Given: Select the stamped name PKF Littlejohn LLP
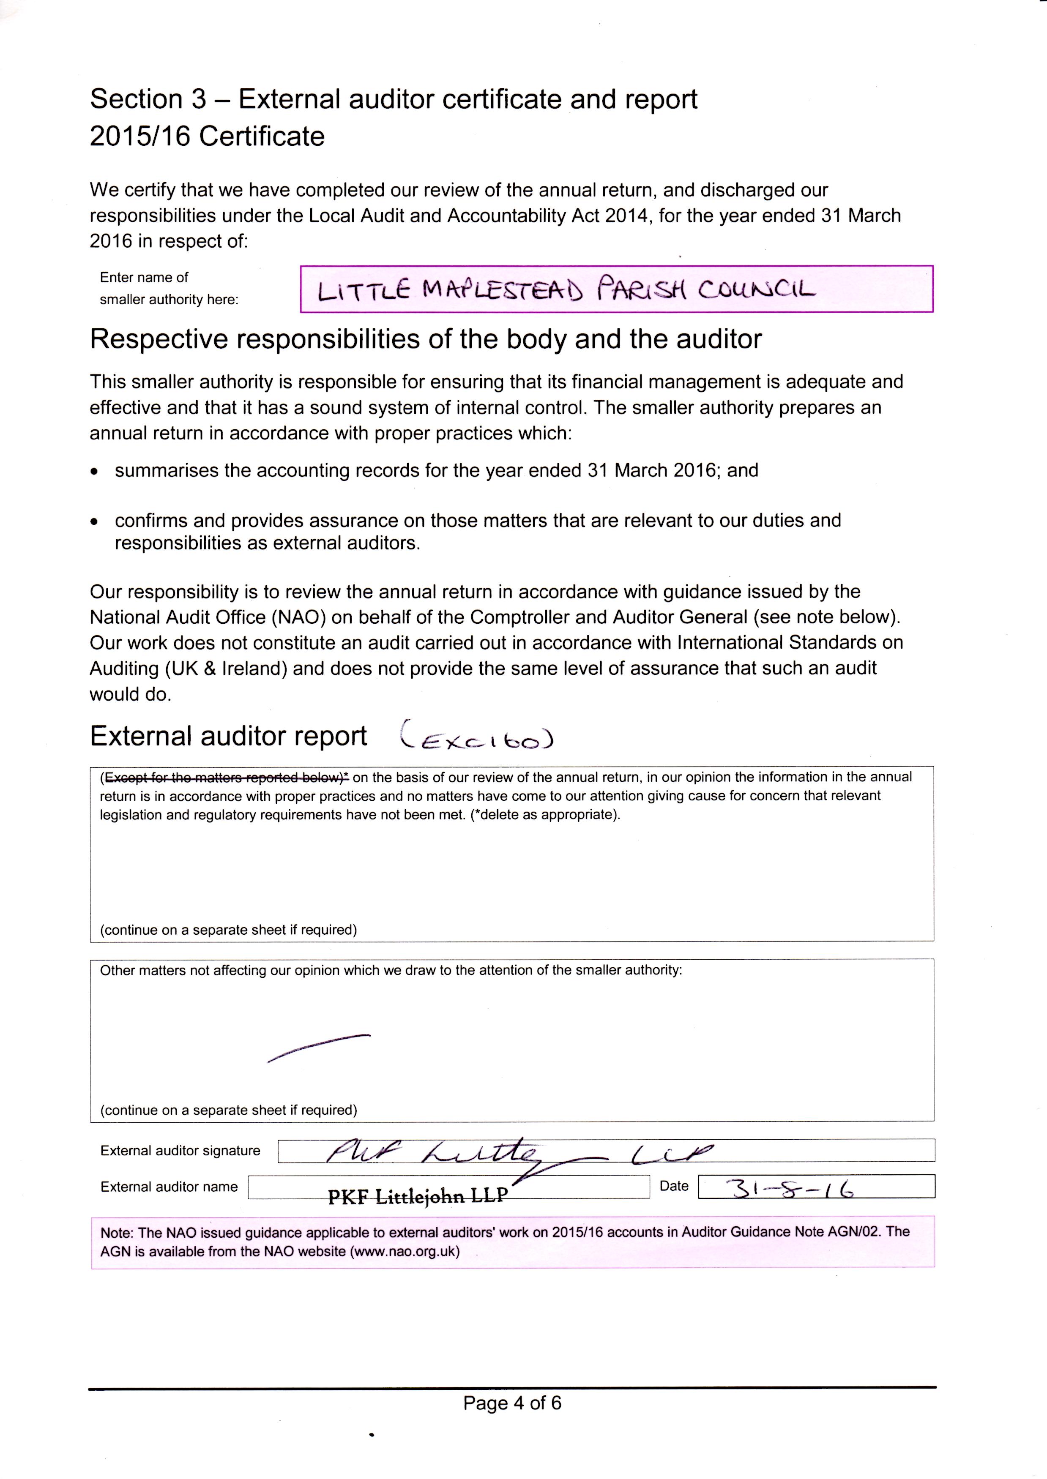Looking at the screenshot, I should point(418,1196).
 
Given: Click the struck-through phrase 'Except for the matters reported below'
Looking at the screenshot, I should point(226,777).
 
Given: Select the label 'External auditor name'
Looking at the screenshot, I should point(169,1187).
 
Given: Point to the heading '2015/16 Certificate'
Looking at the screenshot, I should point(207,136).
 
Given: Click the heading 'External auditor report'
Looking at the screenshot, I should point(228,736).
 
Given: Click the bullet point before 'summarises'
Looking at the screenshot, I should point(95,472).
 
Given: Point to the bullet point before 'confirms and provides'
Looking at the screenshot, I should point(95,521).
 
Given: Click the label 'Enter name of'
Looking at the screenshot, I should point(144,278).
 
